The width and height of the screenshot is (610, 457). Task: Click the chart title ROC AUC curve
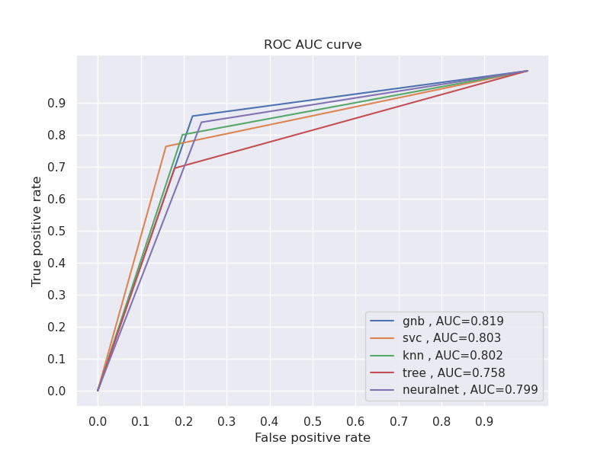tap(313, 45)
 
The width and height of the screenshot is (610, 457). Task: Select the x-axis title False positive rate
tap(313, 438)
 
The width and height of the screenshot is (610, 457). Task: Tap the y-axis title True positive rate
tap(37, 231)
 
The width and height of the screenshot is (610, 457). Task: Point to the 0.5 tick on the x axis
tap(313, 420)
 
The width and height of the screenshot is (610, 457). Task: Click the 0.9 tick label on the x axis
tap(484, 420)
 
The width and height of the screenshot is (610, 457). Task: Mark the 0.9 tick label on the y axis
tap(58, 103)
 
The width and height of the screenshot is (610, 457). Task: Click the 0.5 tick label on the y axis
tap(58, 231)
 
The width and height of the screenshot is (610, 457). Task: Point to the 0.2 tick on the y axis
tap(58, 327)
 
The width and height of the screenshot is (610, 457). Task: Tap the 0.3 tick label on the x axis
tap(226, 420)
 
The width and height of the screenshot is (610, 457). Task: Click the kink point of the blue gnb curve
tap(192, 116)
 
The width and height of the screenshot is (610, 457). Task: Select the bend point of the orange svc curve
tap(165, 146)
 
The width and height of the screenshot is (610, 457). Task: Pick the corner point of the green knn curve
tap(182, 135)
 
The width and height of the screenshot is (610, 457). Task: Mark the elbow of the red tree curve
tap(175, 168)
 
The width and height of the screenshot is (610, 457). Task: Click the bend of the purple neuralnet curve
tap(201, 122)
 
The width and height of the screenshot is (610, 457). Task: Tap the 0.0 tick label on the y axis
tap(58, 391)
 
